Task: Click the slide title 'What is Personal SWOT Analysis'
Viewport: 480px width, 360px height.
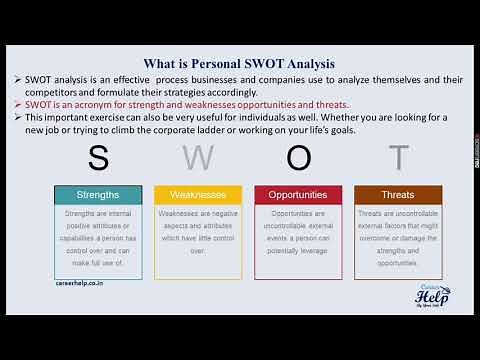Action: tap(239, 60)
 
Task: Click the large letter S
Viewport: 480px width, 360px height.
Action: tap(97, 158)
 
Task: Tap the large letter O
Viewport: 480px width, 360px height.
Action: tap(297, 158)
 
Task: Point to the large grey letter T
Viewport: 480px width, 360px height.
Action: tap(398, 158)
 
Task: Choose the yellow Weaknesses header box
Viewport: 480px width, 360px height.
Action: tap(197, 194)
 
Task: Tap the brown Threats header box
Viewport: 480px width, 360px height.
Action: tap(398, 194)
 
